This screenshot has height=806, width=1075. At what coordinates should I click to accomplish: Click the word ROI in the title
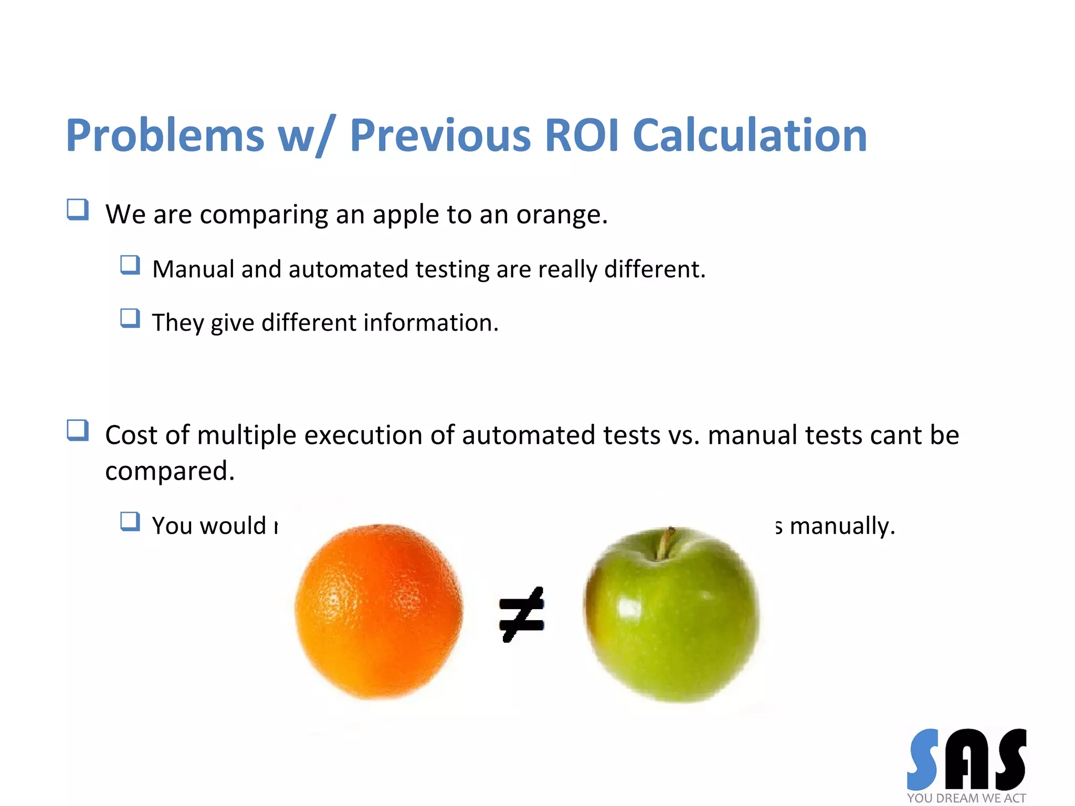583,135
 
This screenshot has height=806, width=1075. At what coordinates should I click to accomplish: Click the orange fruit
378,611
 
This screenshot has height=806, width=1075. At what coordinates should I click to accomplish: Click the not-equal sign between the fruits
521,614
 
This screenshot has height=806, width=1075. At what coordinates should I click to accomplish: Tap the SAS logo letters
966,759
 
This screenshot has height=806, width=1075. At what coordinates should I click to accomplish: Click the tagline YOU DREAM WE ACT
966,798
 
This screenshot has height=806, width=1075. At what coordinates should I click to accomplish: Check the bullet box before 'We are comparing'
78,210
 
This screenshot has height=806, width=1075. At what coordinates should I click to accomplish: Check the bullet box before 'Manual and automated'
130,265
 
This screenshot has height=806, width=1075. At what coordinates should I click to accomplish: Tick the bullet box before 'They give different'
130,319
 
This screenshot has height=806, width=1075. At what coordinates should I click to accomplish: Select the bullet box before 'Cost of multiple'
78,431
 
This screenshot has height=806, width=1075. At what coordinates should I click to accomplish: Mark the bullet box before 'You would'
130,522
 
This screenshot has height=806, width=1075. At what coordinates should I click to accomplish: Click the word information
430,323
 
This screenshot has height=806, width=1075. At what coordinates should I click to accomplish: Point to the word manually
842,526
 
